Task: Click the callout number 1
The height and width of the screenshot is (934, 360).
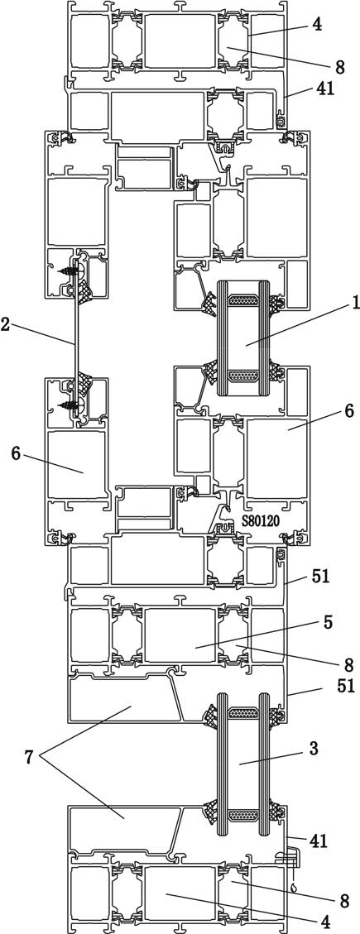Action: click(355, 304)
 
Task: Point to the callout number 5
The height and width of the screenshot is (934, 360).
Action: click(328, 622)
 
